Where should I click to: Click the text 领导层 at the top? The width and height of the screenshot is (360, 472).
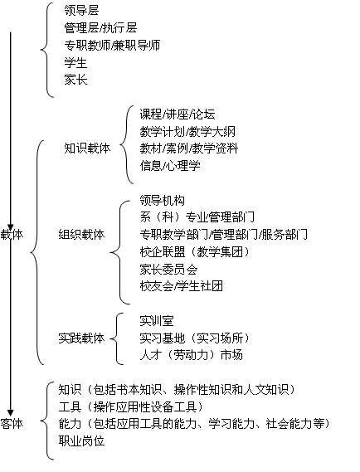coord(81,10)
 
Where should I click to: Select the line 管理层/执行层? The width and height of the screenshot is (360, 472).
coord(100,27)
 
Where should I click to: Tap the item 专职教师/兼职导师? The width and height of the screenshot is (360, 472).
coord(112,45)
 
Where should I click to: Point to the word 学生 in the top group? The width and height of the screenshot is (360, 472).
coord(75,62)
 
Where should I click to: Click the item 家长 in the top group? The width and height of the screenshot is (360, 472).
coord(75,80)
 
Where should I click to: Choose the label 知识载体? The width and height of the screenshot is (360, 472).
coord(87,148)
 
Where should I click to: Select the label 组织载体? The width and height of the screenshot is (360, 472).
coord(81,234)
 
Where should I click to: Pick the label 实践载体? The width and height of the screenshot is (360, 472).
coord(81,338)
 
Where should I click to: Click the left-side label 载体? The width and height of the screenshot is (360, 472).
coord(12,234)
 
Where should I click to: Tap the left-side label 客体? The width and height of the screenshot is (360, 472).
coord(12,424)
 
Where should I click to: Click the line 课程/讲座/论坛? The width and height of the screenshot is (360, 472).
coord(178,114)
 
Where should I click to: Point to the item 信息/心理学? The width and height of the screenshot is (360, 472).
coord(170,166)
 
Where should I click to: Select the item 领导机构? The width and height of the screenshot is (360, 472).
coord(163,200)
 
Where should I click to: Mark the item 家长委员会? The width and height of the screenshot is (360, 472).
coord(168,269)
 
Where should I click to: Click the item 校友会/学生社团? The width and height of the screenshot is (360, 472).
coord(181,286)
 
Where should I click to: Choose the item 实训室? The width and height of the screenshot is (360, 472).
coord(157,321)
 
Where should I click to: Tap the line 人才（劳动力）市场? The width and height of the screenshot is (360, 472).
coord(191,355)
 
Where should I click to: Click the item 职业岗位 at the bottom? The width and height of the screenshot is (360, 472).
coord(81,441)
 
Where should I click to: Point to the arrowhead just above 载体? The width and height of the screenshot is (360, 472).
coord(11,227)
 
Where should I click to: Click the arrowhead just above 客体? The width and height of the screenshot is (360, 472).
coord(11,413)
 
